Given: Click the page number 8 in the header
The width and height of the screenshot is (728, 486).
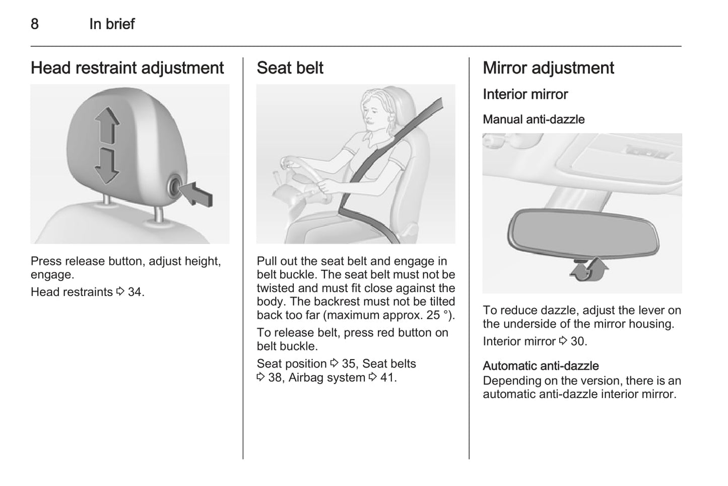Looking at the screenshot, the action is point(35,24).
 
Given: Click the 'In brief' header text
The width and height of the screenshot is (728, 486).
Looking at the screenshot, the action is point(112,24).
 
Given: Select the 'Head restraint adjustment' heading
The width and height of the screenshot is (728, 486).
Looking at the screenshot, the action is point(127,68).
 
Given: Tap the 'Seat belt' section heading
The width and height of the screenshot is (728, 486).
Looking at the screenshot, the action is point(290,68).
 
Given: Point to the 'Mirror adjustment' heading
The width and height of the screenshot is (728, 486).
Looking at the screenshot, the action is point(548,68).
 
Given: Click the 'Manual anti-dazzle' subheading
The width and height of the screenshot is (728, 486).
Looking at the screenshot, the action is point(534,119).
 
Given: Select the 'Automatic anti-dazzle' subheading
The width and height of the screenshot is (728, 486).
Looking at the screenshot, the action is point(541,366).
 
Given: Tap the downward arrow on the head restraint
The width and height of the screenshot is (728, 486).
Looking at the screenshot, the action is point(107,166).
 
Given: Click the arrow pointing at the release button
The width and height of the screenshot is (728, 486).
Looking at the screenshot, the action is point(196,194).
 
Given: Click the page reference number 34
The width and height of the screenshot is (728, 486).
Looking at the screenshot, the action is point(135,292).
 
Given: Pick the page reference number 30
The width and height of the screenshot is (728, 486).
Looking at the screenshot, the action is point(578,341).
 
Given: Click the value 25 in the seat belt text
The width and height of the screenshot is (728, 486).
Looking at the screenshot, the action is point(433,315).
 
